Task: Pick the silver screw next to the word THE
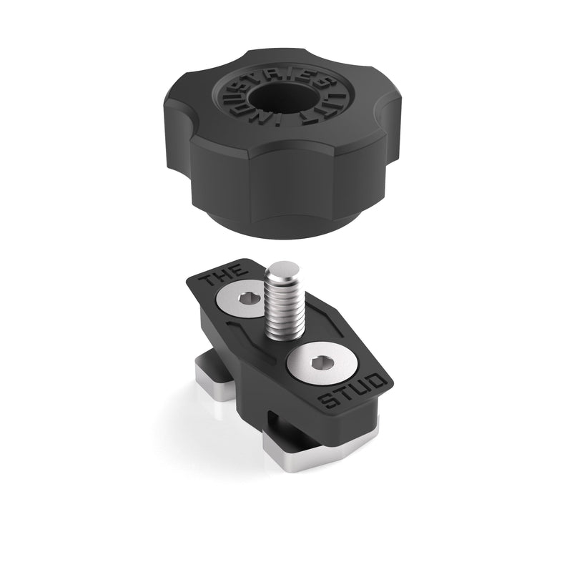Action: [x=244, y=300]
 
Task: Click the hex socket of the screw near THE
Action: [x=244, y=300]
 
